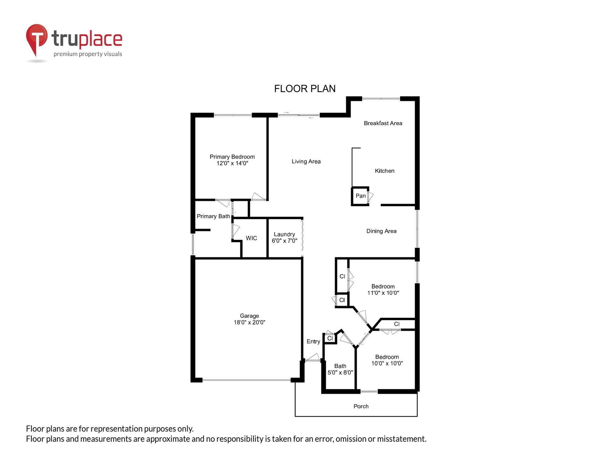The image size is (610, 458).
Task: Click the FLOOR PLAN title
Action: pos(305,89)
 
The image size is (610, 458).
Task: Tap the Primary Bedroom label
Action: pos(232,157)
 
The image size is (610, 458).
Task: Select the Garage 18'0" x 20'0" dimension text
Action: pos(249,322)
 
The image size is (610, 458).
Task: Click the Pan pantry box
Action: pos(361,196)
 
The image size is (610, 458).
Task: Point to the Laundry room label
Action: pos(284,234)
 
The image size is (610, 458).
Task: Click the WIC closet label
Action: pos(251,238)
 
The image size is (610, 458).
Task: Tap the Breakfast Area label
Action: pos(383,123)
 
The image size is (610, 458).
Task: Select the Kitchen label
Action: pos(384,171)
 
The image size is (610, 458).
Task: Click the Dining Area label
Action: pos(381,231)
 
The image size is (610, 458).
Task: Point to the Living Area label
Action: pos(306,162)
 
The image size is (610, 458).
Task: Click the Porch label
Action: pos(361,406)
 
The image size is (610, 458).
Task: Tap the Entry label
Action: pos(313,341)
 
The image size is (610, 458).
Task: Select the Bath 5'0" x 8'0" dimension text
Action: pos(340,373)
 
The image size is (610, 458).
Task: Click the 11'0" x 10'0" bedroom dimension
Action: pos(383,293)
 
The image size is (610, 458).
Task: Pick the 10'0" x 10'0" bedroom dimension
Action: pos(387,363)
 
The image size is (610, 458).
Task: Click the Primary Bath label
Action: pos(213,216)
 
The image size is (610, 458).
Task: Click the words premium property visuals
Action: pos(88,54)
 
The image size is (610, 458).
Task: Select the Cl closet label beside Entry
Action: pos(330,338)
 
